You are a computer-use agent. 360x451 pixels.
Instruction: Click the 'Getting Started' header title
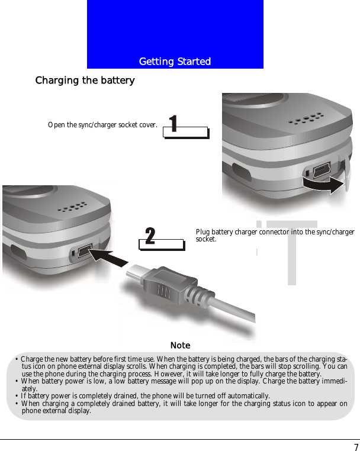click(x=175, y=62)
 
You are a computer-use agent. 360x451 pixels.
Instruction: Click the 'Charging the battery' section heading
click(x=85, y=80)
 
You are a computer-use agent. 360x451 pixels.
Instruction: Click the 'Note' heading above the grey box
click(x=180, y=345)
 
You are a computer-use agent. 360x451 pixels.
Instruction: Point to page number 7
click(x=356, y=447)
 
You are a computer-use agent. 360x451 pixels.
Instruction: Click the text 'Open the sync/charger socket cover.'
click(x=102, y=125)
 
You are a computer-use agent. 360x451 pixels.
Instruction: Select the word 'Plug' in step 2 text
click(x=202, y=232)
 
